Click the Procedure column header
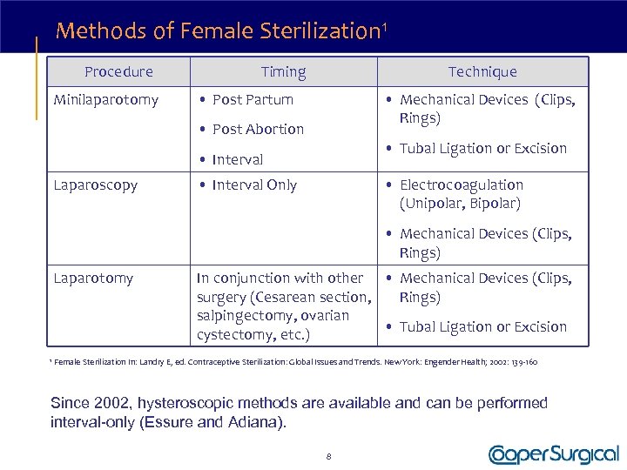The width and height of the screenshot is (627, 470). click(118, 72)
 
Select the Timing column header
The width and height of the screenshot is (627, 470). click(284, 72)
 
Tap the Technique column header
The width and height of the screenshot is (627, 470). click(482, 72)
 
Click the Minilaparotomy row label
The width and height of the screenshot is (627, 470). click(106, 100)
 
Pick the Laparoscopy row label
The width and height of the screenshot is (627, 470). click(96, 185)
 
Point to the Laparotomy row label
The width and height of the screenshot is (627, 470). click(93, 279)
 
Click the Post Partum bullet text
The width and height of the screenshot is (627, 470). click(253, 100)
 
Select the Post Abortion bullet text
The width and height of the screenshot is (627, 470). click(258, 130)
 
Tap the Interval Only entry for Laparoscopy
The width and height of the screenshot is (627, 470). click(254, 185)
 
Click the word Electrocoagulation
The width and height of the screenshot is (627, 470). click(462, 185)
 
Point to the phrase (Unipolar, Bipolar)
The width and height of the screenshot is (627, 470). click(460, 204)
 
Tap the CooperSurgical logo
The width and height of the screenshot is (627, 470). click(554, 453)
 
